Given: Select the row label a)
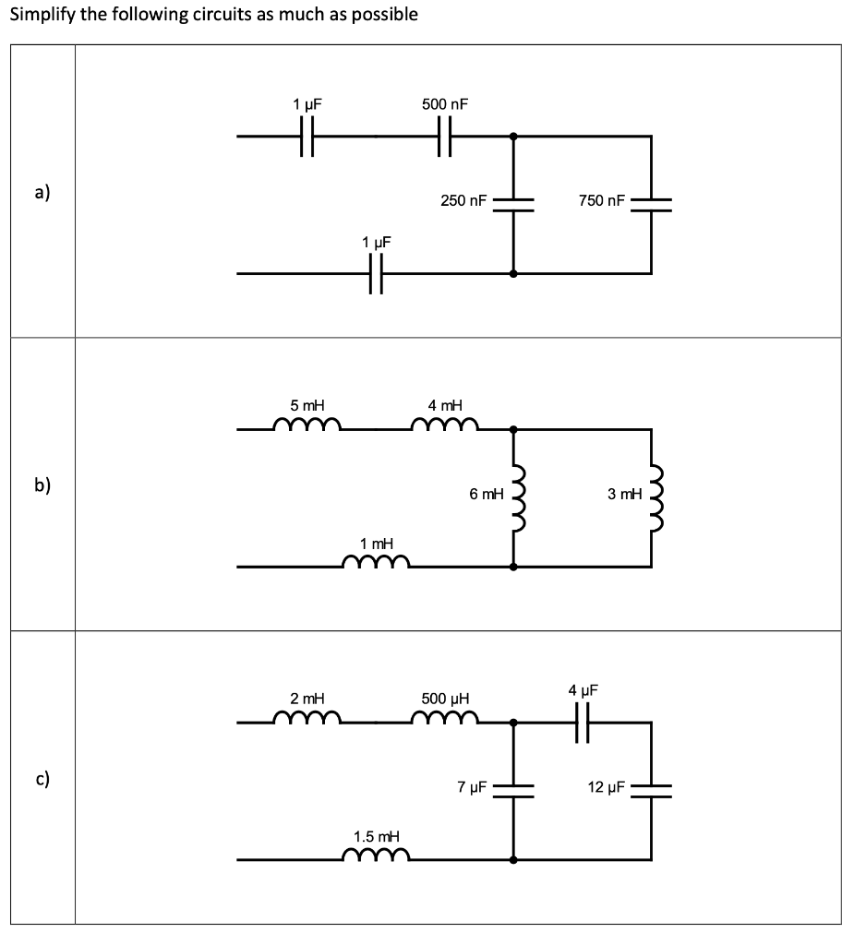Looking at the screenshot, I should pyautogui.click(x=42, y=192).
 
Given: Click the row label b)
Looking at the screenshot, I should pyautogui.click(x=42, y=485).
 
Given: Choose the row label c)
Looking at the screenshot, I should pyautogui.click(x=42, y=778).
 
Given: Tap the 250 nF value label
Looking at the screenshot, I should pyautogui.click(x=463, y=200).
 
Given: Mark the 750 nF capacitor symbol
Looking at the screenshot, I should pyautogui.click(x=651, y=205).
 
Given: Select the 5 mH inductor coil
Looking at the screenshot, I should pyautogui.click(x=307, y=425).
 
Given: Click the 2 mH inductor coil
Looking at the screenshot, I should pyautogui.click(x=307, y=717).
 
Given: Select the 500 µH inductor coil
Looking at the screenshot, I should pyautogui.click(x=445, y=717).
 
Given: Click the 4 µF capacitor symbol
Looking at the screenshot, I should pyautogui.click(x=583, y=722).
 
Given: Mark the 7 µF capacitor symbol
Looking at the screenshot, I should pyautogui.click(x=513, y=790).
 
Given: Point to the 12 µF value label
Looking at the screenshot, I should pyautogui.click(x=607, y=787).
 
